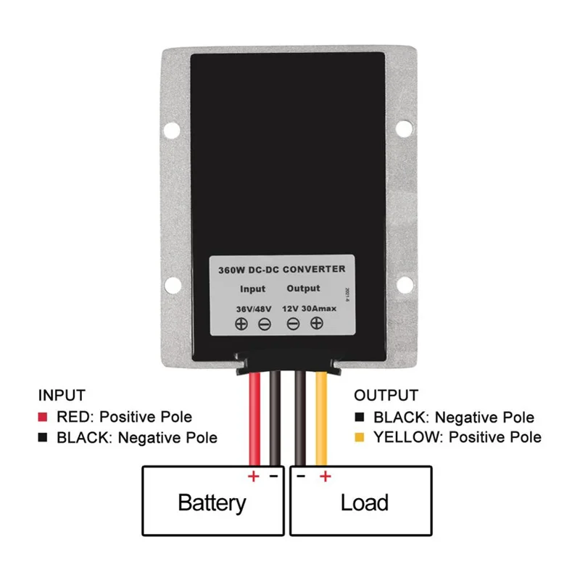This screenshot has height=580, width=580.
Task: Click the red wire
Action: point(255,420)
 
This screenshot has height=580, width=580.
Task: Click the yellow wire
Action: point(322,420)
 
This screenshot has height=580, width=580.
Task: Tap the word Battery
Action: point(212,502)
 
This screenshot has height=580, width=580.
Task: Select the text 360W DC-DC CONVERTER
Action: point(282,268)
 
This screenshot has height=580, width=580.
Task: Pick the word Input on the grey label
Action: point(252,289)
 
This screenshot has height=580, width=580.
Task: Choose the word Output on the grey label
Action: point(302,289)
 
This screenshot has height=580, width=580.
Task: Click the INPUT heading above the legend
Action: point(62,396)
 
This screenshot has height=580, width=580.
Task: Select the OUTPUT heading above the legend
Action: point(386,396)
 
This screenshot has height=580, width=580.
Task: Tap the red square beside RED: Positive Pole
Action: point(43,417)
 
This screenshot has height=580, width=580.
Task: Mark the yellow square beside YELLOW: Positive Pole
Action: point(359,437)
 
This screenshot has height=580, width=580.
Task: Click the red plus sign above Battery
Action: point(254,476)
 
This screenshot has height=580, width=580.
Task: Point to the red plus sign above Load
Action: point(325,476)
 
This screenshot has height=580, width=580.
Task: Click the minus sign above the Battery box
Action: point(273,476)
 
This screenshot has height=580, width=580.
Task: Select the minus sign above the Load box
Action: point(301,476)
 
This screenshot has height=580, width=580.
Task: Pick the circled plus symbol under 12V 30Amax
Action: point(316,324)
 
